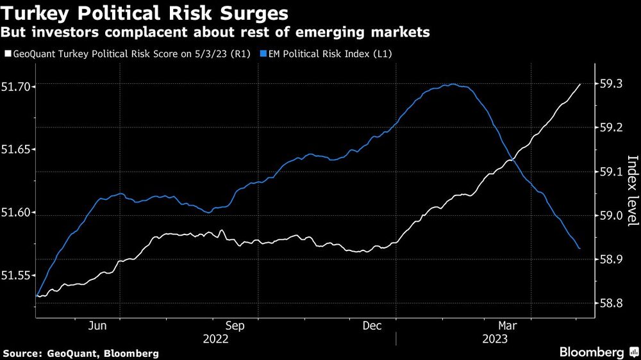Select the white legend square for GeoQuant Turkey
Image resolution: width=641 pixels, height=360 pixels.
click(x=7, y=54)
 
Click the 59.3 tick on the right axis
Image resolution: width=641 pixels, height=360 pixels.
click(x=610, y=84)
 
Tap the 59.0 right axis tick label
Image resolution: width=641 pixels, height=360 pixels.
click(x=610, y=216)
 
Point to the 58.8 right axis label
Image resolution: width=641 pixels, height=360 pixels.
click(x=610, y=304)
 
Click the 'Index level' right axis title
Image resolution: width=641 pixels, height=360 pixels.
click(x=632, y=190)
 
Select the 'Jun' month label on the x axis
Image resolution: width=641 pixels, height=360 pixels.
click(x=97, y=325)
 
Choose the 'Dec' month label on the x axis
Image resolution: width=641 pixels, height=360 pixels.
click(x=373, y=325)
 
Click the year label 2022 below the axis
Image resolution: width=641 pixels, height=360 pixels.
click(x=215, y=338)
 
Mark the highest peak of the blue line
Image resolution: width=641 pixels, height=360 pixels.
click(x=452, y=84)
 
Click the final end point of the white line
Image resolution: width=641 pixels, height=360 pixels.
click(x=580, y=84)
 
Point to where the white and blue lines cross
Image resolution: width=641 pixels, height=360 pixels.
click(x=511, y=160)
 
